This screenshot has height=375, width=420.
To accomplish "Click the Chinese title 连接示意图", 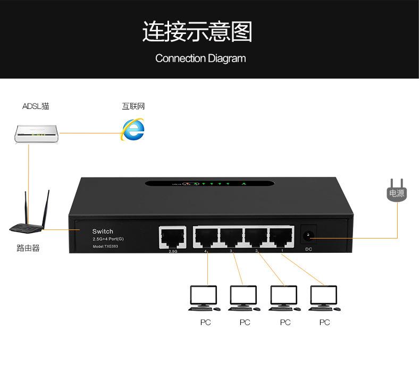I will tap(197, 32).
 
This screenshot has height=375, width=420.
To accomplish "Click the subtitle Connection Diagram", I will tap(200, 58).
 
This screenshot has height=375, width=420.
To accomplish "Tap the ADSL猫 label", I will tap(36, 106).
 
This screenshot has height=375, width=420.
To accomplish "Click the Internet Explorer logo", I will tap(133, 129).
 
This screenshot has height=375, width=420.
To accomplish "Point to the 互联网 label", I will tap(133, 106).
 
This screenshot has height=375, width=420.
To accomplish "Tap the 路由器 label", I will tap(28, 248).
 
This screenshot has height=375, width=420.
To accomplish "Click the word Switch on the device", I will tap(103, 232).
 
